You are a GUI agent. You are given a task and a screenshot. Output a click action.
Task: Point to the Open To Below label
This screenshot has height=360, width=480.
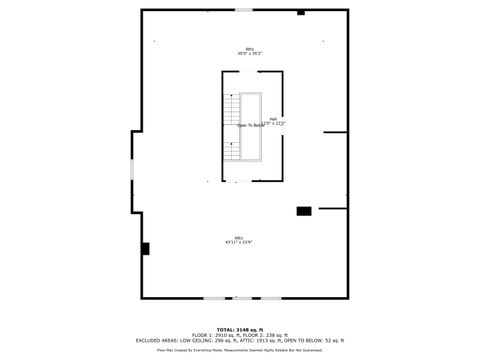251,125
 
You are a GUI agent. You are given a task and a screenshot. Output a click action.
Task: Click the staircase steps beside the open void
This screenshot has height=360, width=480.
232,126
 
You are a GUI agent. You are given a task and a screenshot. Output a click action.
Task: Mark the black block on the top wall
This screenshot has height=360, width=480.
301,13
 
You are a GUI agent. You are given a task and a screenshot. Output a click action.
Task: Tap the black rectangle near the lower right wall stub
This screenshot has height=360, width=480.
303,211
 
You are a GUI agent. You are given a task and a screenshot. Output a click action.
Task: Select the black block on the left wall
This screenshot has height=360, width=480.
145,248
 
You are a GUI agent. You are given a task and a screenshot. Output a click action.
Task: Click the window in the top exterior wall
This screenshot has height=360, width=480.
244,10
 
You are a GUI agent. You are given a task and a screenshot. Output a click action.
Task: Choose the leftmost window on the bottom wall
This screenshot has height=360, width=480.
213,298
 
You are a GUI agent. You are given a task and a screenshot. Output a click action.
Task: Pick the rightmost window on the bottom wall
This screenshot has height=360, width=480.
271,298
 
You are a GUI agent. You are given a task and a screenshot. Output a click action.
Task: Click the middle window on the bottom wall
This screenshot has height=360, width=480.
243,298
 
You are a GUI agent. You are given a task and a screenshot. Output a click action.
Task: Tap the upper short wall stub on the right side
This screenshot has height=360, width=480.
335,132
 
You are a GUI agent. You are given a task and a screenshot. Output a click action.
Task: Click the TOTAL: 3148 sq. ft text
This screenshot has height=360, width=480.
240,329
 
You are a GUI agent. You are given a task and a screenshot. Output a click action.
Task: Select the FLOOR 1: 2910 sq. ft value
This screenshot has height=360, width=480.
216,335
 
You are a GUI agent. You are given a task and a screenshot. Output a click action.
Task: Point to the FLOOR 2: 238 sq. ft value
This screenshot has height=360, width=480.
269,335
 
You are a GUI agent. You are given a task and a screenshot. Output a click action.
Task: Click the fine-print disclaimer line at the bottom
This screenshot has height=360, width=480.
240,350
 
